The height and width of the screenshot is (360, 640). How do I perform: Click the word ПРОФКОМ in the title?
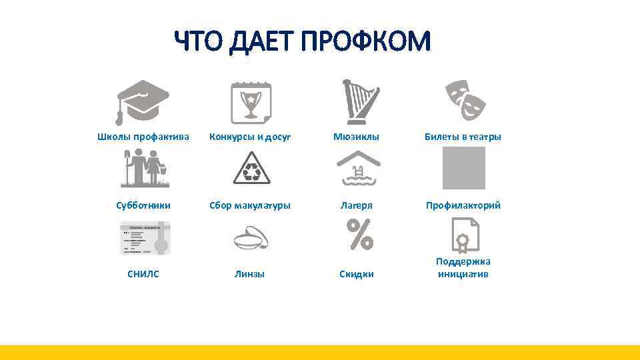click(x=366, y=42)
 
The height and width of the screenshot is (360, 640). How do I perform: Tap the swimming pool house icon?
click(x=358, y=168)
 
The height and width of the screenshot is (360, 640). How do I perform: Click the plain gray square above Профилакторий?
click(x=464, y=168)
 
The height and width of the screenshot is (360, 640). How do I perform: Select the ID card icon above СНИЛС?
click(x=145, y=238)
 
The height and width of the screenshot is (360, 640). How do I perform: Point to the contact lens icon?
click(x=251, y=239)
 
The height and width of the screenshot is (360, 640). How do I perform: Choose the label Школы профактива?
click(x=143, y=137)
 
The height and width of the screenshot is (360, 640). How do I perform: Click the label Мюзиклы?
click(x=357, y=137)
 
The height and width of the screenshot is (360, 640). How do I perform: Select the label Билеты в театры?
click(x=463, y=137)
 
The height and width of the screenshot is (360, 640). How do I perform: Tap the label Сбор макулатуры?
click(x=250, y=205)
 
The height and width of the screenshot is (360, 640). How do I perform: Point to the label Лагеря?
click(x=357, y=205)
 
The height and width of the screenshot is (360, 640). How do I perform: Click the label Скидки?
click(x=357, y=274)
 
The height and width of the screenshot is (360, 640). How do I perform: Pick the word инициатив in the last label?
click(x=463, y=274)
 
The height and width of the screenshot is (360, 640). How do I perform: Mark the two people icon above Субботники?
click(x=143, y=168)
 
